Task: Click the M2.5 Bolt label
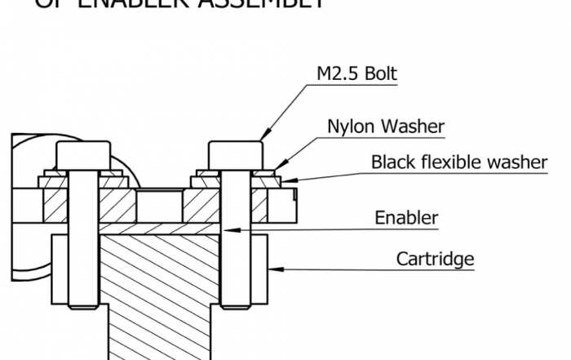(x=356, y=74)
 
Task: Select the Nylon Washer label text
(x=385, y=127)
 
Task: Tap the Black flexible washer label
(x=459, y=162)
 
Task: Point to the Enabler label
(x=406, y=218)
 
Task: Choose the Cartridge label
(x=435, y=260)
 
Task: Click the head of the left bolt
(x=82, y=153)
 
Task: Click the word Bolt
(x=379, y=74)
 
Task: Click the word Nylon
(x=349, y=127)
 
